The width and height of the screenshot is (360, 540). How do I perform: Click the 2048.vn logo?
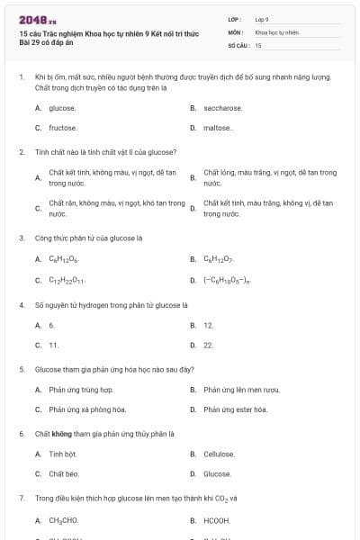(x=31, y=20)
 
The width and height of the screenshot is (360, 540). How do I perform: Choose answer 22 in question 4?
(x=208, y=345)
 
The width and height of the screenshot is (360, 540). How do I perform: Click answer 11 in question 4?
(x=53, y=345)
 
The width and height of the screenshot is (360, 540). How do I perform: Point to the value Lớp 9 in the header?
(x=262, y=19)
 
